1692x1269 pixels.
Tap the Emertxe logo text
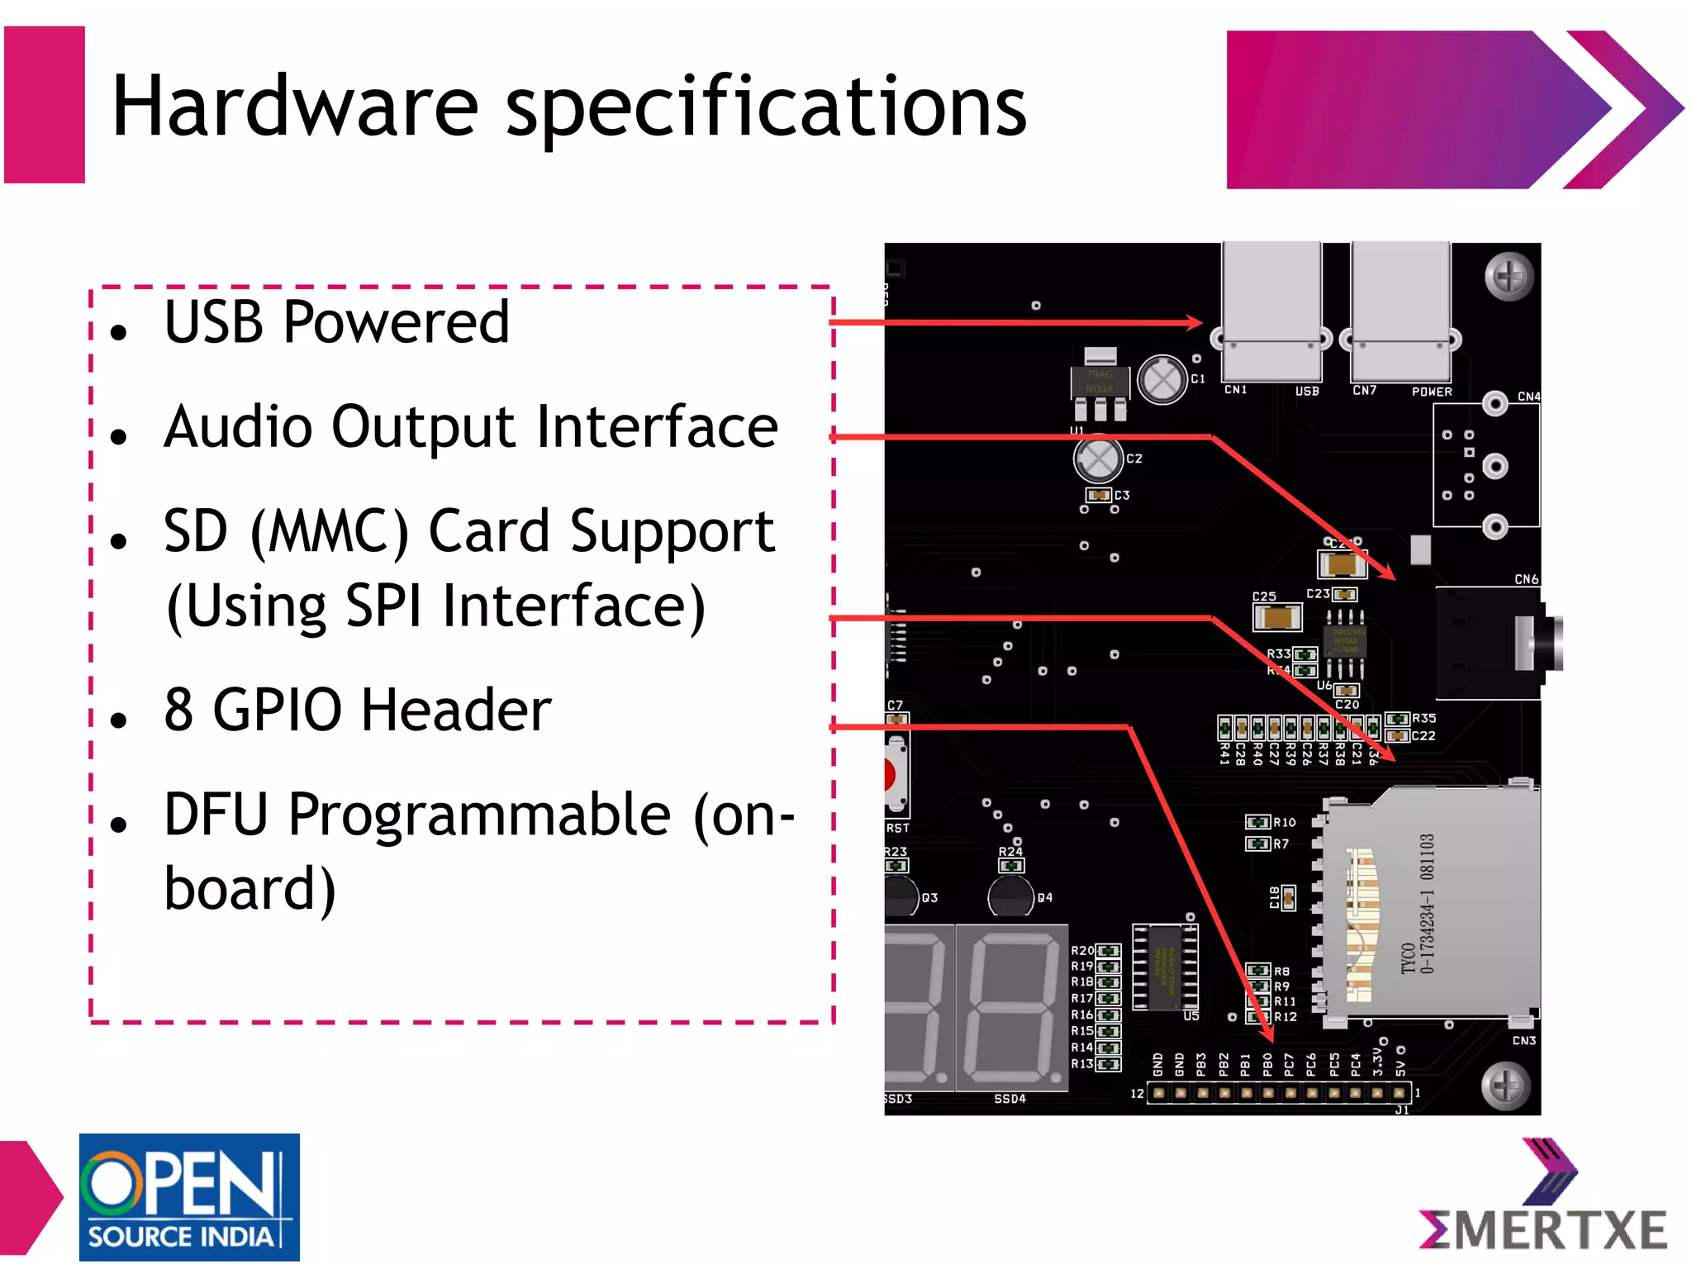click(x=1543, y=1230)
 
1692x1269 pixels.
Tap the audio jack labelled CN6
click(x=1495, y=644)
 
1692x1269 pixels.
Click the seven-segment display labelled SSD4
click(x=1011, y=1007)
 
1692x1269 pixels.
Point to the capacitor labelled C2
click(x=1097, y=459)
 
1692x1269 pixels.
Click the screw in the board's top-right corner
click(x=1509, y=277)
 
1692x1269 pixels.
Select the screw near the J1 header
click(x=1505, y=1086)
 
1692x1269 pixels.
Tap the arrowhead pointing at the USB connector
click(x=1195, y=322)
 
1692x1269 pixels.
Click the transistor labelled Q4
click(x=1010, y=897)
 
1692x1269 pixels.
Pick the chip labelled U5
click(x=1164, y=967)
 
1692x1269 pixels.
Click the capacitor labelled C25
click(x=1276, y=616)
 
